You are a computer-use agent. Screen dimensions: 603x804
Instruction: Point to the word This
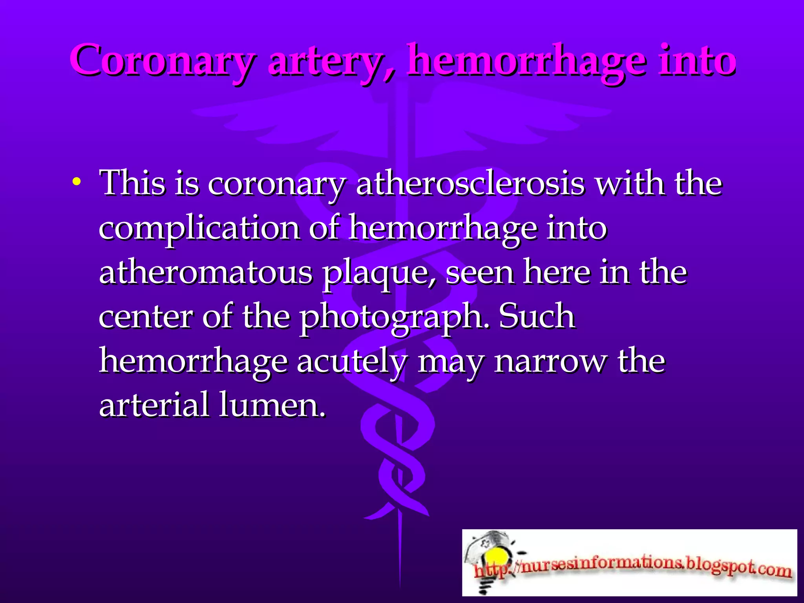point(133,183)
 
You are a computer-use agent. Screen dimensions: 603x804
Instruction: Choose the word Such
point(537,316)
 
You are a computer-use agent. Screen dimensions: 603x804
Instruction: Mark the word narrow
point(550,362)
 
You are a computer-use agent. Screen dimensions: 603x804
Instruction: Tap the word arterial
point(154,405)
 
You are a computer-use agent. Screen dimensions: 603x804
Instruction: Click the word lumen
point(272,405)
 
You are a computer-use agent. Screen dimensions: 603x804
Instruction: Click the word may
point(450,362)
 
